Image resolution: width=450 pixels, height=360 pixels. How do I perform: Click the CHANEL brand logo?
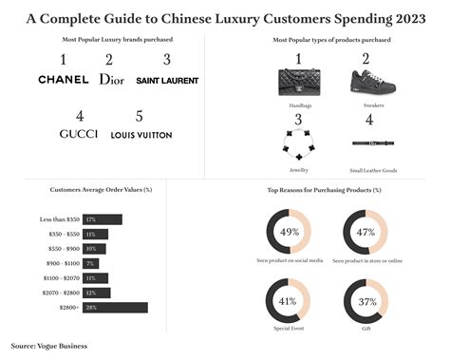coord(63,80)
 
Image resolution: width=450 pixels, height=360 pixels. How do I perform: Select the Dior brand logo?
coord(111,79)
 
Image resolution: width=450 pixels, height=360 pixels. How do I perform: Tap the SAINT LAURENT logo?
coord(167,80)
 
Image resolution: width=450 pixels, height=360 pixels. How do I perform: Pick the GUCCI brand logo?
coord(78,134)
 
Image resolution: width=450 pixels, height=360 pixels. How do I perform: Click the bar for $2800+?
coord(114,307)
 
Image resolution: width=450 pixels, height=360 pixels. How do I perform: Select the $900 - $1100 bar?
coord(91,263)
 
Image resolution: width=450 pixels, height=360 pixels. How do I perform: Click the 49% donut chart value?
coord(290,232)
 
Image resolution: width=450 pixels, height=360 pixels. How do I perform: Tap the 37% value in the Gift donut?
coord(366,301)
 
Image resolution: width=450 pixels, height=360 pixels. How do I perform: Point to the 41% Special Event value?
coord(290,301)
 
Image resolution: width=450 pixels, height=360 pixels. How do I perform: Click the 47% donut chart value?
coord(366,232)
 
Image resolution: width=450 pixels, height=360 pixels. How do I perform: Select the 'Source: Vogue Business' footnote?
coord(49,346)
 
